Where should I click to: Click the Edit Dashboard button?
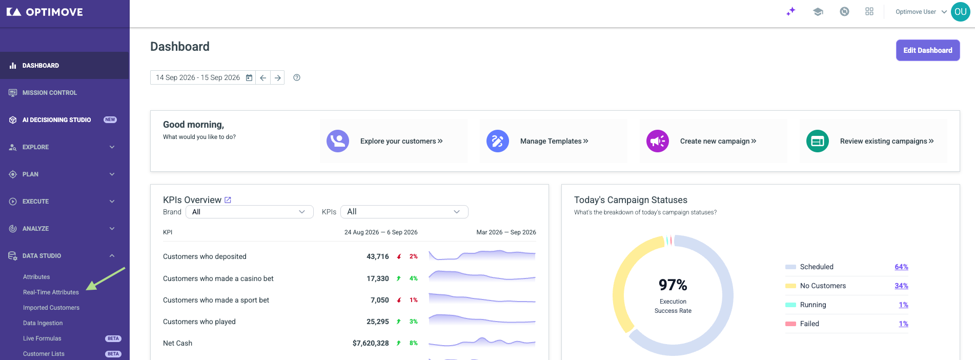point(927,50)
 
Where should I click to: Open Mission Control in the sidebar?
point(50,93)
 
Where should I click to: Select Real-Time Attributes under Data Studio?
point(51,292)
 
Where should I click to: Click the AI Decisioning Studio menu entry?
point(56,120)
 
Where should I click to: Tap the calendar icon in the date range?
point(249,77)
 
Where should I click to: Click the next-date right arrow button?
point(277,77)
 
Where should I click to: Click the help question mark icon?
point(297,77)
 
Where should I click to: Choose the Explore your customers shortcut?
point(401,141)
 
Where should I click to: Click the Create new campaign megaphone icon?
point(658,141)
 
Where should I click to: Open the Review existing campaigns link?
point(887,141)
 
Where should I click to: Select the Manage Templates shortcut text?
point(554,141)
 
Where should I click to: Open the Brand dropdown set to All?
point(249,212)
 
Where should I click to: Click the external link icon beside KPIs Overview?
point(228,200)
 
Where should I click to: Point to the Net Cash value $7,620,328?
point(371,343)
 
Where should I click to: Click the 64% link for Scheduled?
point(901,267)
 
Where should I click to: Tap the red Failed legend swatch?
point(790,324)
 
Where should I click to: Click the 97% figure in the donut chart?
point(673,285)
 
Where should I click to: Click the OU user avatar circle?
point(960,12)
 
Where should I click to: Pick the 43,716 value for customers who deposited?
point(378,256)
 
